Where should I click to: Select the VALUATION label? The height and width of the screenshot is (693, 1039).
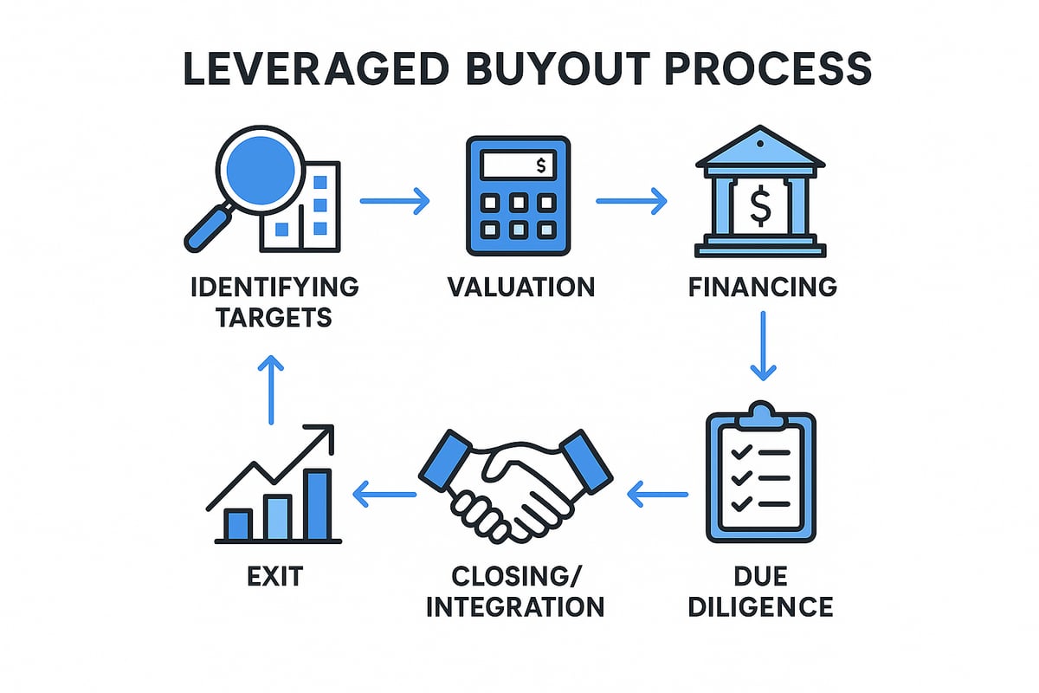(521, 287)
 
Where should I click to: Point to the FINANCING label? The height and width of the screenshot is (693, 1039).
(763, 287)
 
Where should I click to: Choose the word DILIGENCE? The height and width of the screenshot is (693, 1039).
(761, 605)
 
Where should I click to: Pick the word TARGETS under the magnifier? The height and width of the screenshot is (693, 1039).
(274, 317)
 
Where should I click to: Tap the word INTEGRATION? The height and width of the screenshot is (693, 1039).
(516, 605)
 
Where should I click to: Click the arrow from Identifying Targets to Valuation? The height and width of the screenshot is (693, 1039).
(394, 203)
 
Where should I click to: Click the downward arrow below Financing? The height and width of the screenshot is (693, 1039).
(762, 346)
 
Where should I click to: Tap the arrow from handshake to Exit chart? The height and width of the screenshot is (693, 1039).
(384, 495)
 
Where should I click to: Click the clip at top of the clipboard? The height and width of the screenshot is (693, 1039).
(761, 411)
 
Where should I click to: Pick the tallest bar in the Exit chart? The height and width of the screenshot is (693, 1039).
(319, 504)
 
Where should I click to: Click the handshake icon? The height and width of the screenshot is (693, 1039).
(516, 485)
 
